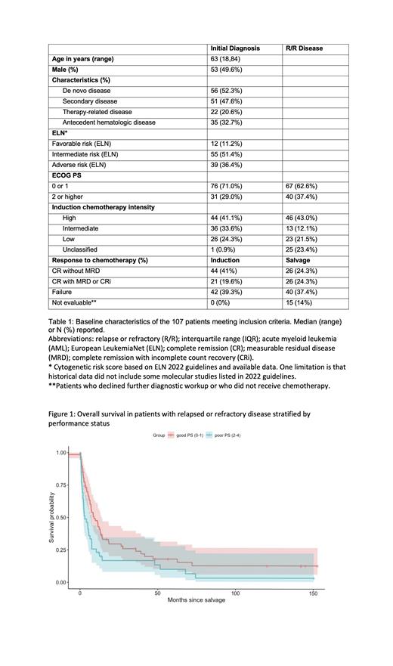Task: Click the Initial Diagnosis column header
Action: [x=235, y=48]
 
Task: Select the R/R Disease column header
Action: [x=304, y=48]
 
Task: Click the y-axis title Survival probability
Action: [x=52, y=516]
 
